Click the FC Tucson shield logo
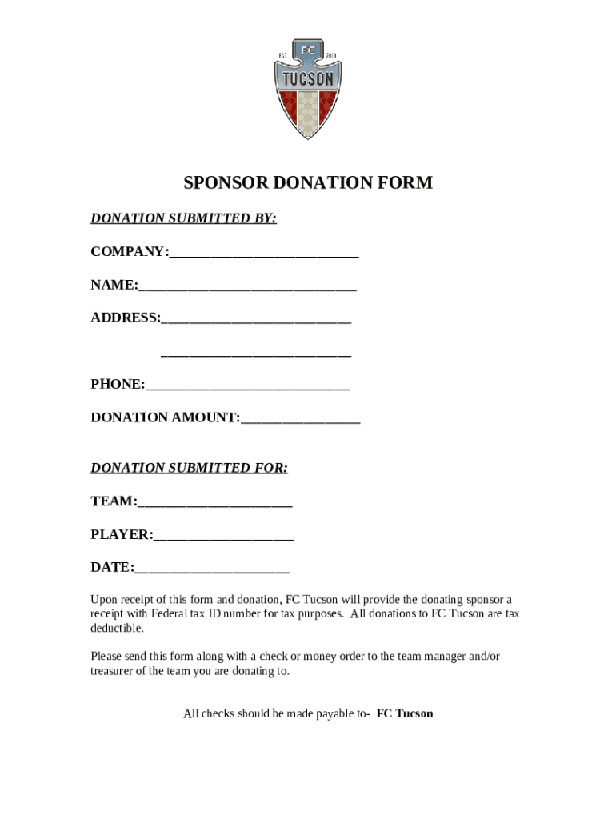coord(307,88)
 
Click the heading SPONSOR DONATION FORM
coord(308,183)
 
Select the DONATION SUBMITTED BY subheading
coord(183,218)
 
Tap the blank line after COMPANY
coord(264,254)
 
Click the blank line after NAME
coord(247,286)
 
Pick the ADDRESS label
coord(125,318)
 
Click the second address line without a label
coord(256,353)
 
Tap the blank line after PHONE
coord(247,386)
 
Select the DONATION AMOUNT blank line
coord(300,418)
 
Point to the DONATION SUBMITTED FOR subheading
coord(189,468)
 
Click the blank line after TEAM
coord(214,503)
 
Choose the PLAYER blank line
coord(223,536)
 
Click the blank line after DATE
coord(211,569)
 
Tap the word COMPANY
coord(127,252)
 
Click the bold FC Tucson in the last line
coord(405,713)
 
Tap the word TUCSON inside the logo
coord(307,78)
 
